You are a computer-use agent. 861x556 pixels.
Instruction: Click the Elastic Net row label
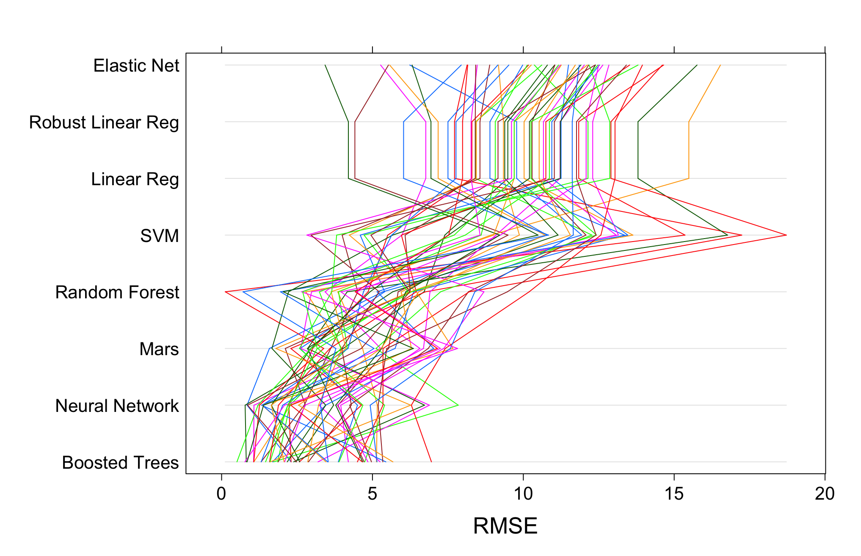coord(136,66)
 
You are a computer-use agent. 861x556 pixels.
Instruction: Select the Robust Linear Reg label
coord(104,122)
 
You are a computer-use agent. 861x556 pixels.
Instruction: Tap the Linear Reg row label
coord(135,179)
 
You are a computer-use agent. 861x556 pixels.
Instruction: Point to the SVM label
coord(159,236)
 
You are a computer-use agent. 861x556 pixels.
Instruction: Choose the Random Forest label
coord(117,292)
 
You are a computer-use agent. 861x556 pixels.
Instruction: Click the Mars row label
coord(159,349)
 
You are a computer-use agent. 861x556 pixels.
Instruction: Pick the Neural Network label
coord(117,406)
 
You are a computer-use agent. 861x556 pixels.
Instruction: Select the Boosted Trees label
coord(120,463)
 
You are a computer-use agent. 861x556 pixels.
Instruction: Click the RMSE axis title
coord(505,526)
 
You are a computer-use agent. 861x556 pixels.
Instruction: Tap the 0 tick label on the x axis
coord(221,494)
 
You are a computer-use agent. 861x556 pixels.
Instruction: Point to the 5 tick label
coord(372,494)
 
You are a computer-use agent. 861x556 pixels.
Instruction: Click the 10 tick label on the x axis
coord(523,494)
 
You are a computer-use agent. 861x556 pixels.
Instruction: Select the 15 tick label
coord(674,494)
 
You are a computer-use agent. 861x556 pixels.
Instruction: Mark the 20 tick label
coord(825,494)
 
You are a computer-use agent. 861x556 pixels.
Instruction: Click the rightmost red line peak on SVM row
coord(786,235)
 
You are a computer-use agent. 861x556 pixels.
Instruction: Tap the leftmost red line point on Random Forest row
coord(226,292)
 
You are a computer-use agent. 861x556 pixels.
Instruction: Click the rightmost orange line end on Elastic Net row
coord(720,65)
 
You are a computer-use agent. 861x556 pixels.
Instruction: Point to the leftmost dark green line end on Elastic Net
coord(325,65)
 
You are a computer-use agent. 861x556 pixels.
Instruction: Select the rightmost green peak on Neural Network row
coord(458,405)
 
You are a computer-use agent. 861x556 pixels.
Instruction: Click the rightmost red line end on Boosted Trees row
coord(431,461)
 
